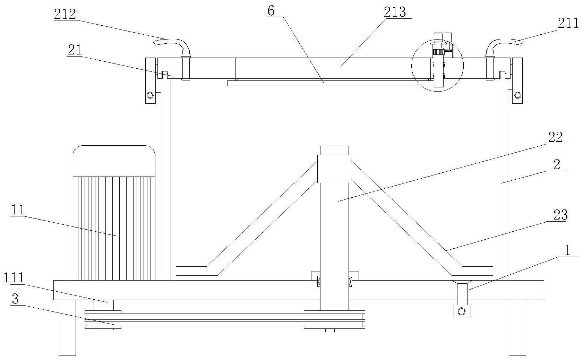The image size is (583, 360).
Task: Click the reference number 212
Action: tap(65, 14)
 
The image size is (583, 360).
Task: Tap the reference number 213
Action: tap(395, 12)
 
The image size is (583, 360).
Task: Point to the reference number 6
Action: tap(271, 11)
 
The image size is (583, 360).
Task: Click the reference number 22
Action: tap(555, 137)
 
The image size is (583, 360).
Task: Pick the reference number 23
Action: tap(560, 215)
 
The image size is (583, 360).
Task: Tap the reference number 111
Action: tap(14, 278)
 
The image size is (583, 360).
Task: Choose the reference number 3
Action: tap(15, 299)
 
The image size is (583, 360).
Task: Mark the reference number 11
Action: tap(18, 210)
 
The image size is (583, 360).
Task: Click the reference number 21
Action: tap(75, 50)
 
